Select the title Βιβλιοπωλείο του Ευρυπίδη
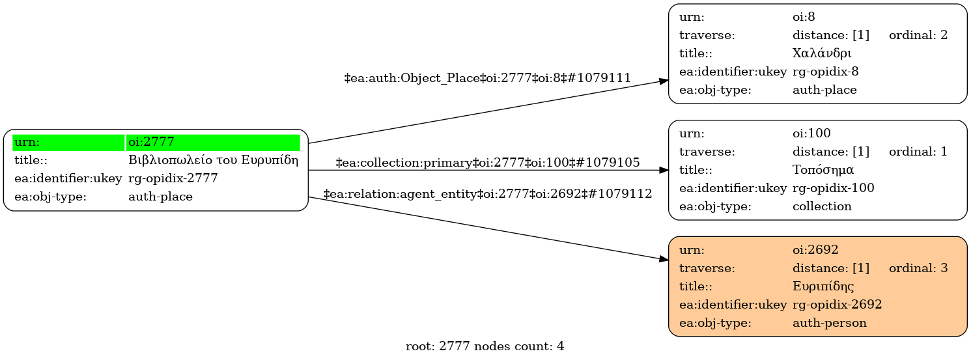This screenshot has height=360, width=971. (213, 160)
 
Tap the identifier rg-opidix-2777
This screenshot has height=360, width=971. (173, 178)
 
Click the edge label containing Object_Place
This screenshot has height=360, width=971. (487, 78)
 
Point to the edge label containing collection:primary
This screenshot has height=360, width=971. (487, 162)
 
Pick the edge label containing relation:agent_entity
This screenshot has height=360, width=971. (487, 193)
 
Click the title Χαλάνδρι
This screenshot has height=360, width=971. (822, 53)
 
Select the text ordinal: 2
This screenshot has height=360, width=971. (918, 35)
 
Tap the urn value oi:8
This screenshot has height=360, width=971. (804, 17)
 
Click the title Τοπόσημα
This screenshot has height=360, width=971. (823, 170)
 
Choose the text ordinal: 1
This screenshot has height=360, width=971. (918, 152)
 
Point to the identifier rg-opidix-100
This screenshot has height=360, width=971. (833, 188)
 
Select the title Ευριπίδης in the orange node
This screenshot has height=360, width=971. (823, 286)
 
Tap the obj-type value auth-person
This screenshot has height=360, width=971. (829, 322)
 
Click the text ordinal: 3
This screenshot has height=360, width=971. (918, 268)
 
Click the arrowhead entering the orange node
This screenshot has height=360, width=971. (664, 259)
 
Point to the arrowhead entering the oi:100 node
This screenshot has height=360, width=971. (664, 170)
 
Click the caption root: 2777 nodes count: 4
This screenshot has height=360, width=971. (485, 346)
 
